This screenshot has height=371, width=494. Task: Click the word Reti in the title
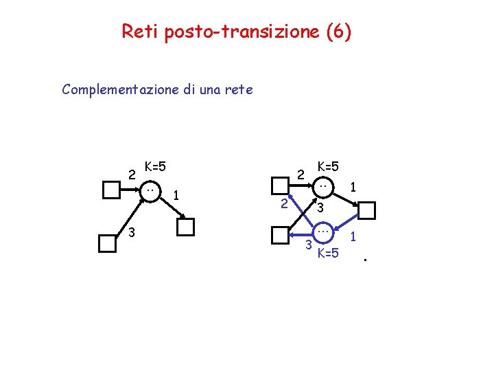pyautogui.click(x=139, y=32)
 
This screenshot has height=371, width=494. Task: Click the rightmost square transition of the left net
pyautogui.click(x=186, y=227)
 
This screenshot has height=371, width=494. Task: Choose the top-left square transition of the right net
pyautogui.click(x=280, y=185)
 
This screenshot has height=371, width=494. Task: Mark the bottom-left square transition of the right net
pyautogui.click(x=280, y=235)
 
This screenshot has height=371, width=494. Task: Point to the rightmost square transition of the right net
pyautogui.click(x=367, y=210)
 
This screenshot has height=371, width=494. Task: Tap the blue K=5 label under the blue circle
pyautogui.click(x=328, y=254)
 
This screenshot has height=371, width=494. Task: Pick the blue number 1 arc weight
pyautogui.click(x=354, y=237)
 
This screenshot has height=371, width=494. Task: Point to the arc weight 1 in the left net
pyautogui.click(x=176, y=196)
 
